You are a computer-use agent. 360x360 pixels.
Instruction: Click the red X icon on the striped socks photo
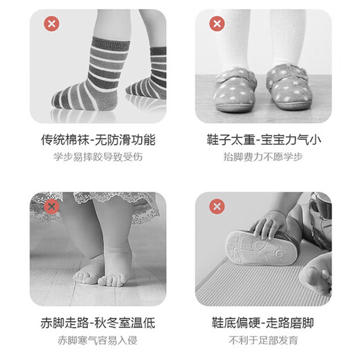point(51,24)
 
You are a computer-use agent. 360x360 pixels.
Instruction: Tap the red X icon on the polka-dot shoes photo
point(217,24)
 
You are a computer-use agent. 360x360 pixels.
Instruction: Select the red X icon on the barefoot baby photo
point(51,206)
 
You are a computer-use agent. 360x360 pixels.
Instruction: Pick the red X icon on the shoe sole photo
point(217,206)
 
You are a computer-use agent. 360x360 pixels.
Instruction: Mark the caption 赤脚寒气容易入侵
point(98,340)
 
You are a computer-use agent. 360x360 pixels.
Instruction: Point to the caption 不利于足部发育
point(263,340)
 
